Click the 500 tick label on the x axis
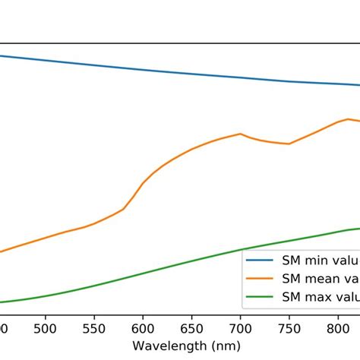tap(46, 329)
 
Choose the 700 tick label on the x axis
tap(240, 329)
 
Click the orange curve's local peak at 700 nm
tap(240, 134)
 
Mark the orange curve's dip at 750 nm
tap(289, 144)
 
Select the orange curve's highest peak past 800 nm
tap(346, 118)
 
